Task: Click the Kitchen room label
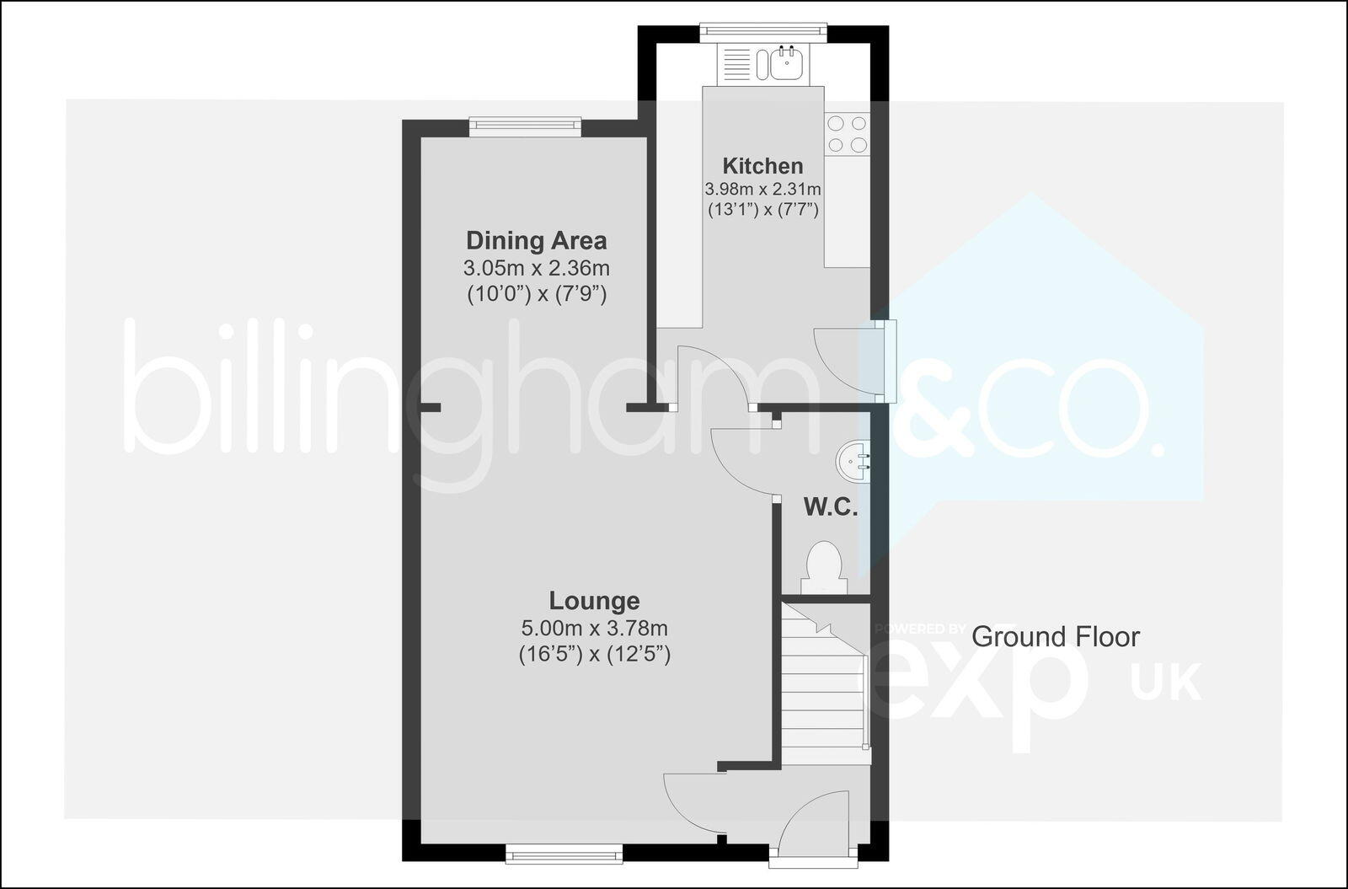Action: pos(762,166)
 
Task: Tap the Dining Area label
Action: pos(536,241)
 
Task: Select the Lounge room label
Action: pos(594,601)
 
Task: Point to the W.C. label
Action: pos(830,507)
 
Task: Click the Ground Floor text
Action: pos(1055,637)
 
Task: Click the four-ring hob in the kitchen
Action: pos(847,134)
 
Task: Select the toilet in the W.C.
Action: pos(823,568)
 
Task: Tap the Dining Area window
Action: pos(525,126)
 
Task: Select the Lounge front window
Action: pos(564,854)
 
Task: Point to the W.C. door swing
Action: pos(743,462)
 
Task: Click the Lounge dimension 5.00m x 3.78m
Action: pos(594,629)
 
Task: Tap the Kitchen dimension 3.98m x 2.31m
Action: pos(762,190)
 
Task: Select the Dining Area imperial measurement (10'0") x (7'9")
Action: pos(536,295)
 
